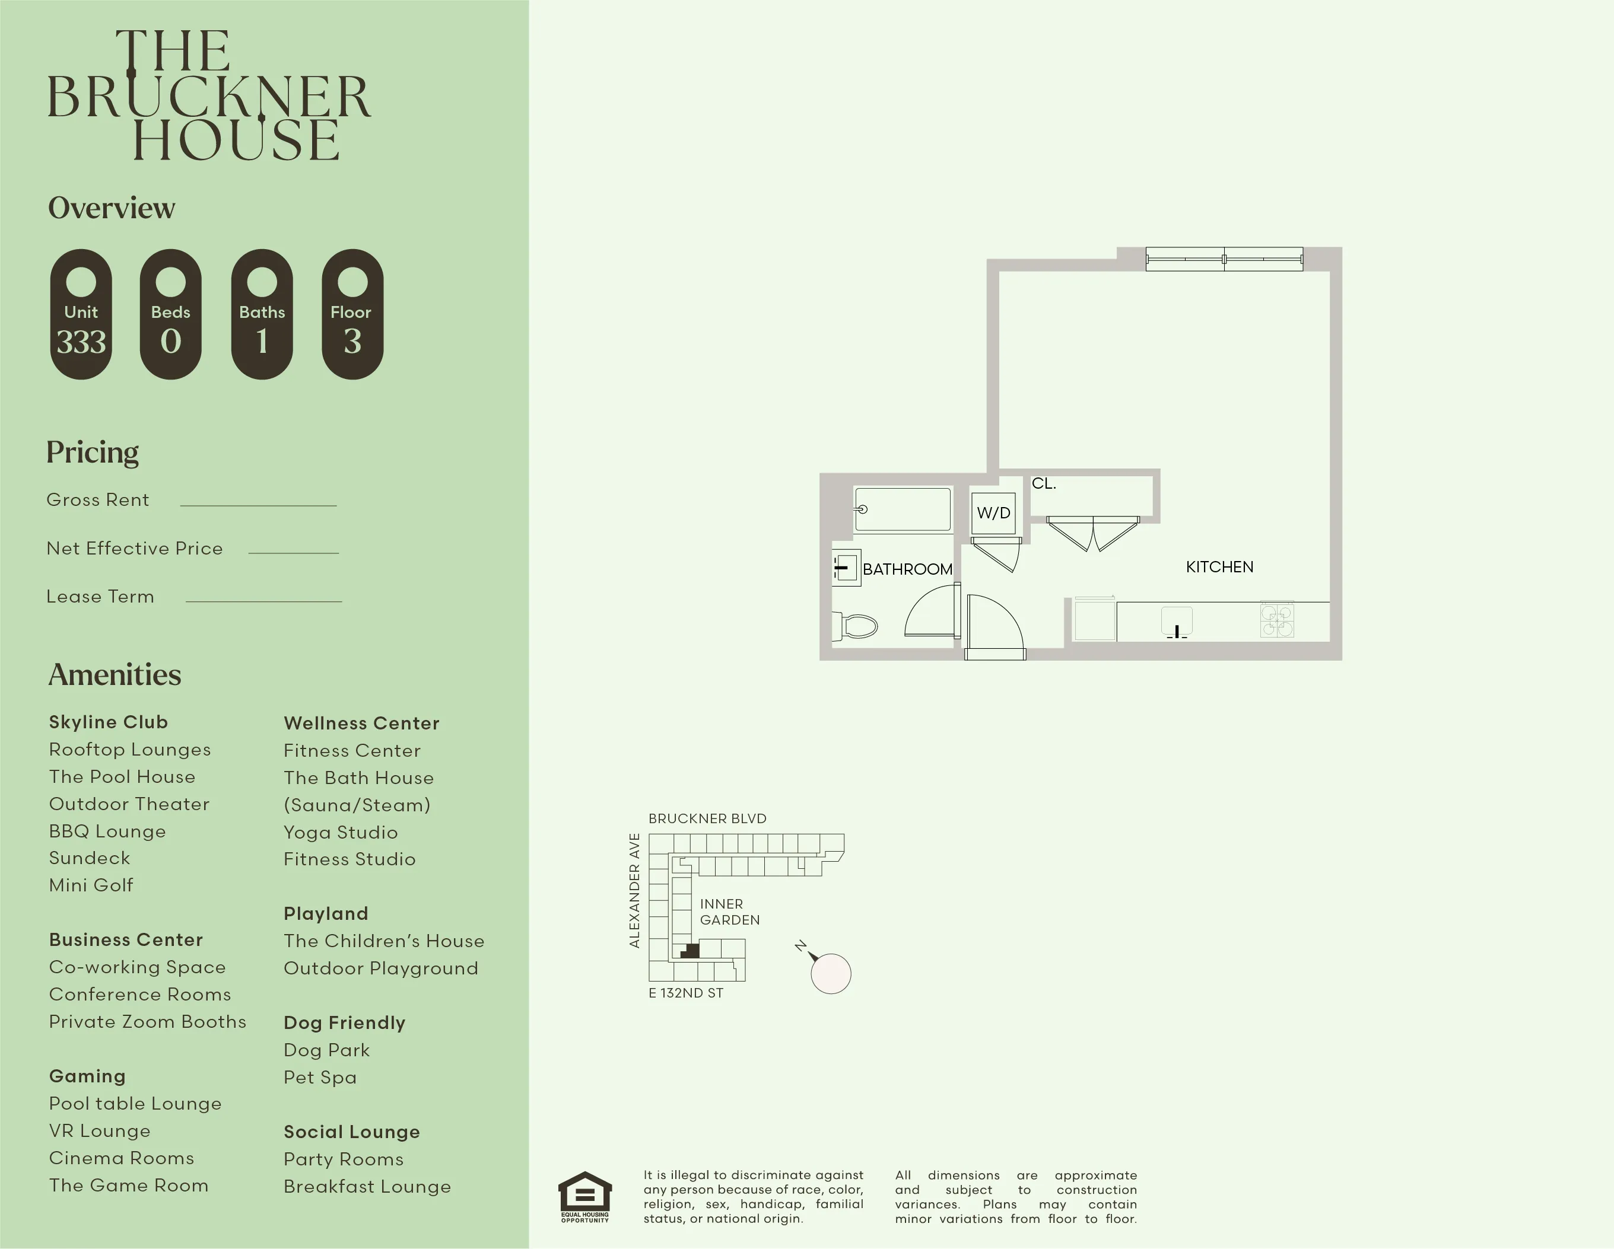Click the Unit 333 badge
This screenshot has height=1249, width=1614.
[81, 315]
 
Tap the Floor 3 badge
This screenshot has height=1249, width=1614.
[352, 315]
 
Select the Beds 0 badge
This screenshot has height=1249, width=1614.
[171, 315]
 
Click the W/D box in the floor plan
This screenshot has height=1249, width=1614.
[993, 512]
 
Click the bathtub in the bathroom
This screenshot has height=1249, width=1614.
[903, 509]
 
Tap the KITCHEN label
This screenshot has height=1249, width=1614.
[1219, 566]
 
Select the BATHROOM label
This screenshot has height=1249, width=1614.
[907, 569]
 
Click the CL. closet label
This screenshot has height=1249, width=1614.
[1044, 484]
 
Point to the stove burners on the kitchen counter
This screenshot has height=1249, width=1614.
[1276, 620]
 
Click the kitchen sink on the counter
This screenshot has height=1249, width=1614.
[1177, 621]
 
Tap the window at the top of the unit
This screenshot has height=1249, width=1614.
[1224, 259]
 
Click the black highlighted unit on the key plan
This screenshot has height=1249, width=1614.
[690, 951]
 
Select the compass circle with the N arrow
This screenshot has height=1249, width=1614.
[831, 973]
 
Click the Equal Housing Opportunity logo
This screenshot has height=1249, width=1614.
[584, 1197]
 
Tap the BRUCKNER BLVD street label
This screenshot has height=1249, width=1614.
[707, 818]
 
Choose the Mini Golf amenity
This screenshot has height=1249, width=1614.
[91, 885]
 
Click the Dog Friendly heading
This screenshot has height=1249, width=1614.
[344, 1022]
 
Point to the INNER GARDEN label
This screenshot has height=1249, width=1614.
[729, 912]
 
